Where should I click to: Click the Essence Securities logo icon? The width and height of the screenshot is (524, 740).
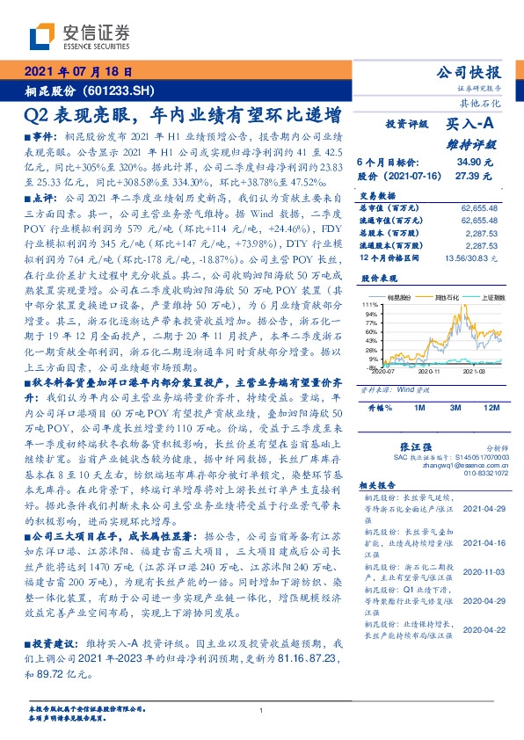click(x=40, y=36)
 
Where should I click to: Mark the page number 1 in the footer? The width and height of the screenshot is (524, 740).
click(x=262, y=711)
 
